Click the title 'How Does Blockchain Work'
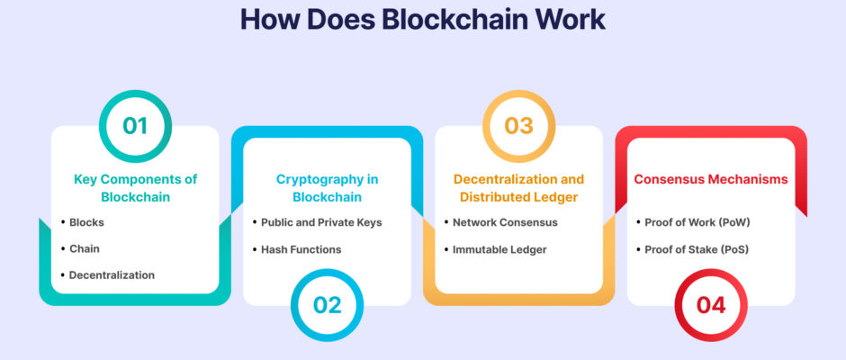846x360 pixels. [423, 20]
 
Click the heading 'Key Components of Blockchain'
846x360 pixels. [135, 188]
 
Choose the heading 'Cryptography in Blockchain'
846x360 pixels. [327, 188]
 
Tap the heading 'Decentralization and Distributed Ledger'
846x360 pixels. [519, 188]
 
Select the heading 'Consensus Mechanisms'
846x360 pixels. [711, 179]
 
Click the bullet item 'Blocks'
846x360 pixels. [86, 222]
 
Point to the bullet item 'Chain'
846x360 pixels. [85, 248]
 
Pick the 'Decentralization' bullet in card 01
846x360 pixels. [112, 275]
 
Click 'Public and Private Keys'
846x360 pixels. [321, 222]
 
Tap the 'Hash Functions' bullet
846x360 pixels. [301, 249]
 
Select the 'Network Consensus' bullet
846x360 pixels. [505, 222]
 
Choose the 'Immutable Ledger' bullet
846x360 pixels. [499, 249]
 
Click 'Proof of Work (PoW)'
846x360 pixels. [697, 222]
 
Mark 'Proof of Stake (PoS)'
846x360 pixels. [697, 249]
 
